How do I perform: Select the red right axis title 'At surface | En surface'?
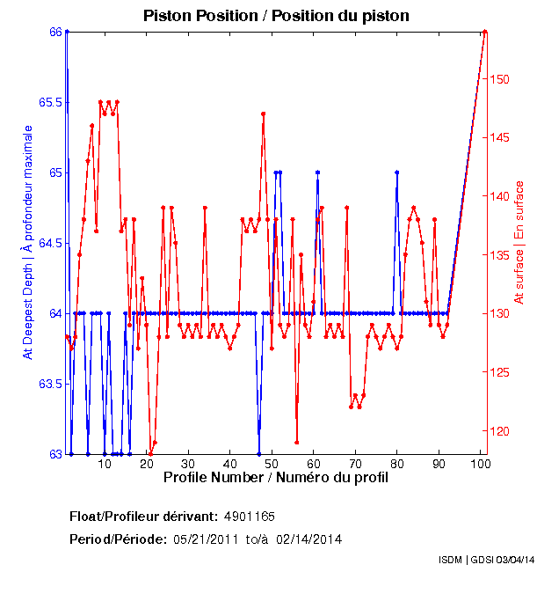(519, 242)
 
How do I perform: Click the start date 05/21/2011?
(203, 539)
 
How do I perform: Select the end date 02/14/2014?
(308, 539)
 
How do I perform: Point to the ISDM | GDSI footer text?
(485, 560)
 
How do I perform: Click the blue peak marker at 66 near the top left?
(67, 32)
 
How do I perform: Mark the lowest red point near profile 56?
(297, 442)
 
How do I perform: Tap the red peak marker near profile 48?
(263, 114)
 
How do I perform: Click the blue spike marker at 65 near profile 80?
(397, 172)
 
